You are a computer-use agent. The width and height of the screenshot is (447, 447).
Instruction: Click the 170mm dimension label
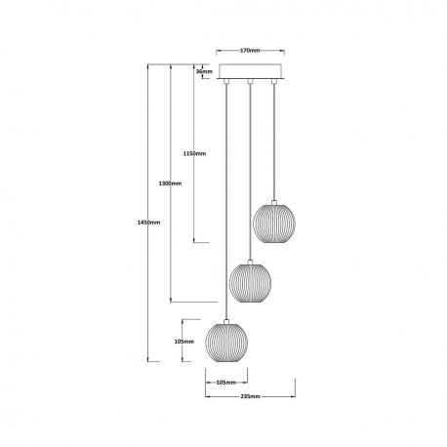coord(250,51)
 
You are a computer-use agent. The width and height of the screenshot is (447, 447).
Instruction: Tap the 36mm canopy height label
coord(204,71)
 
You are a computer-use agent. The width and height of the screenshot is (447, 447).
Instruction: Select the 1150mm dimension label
coord(194,153)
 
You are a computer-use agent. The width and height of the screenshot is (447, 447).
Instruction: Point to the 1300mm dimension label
coord(170,183)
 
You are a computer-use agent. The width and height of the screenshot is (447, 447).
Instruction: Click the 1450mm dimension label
coord(149,223)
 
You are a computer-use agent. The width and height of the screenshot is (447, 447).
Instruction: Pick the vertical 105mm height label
coord(184,342)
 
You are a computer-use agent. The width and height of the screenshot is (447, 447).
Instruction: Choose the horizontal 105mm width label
coord(226,383)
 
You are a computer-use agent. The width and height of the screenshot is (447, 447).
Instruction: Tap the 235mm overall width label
coord(250,396)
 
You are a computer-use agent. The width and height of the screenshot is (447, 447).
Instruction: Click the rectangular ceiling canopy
coord(251,71)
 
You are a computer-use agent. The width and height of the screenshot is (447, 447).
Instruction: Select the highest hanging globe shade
coord(274,223)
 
